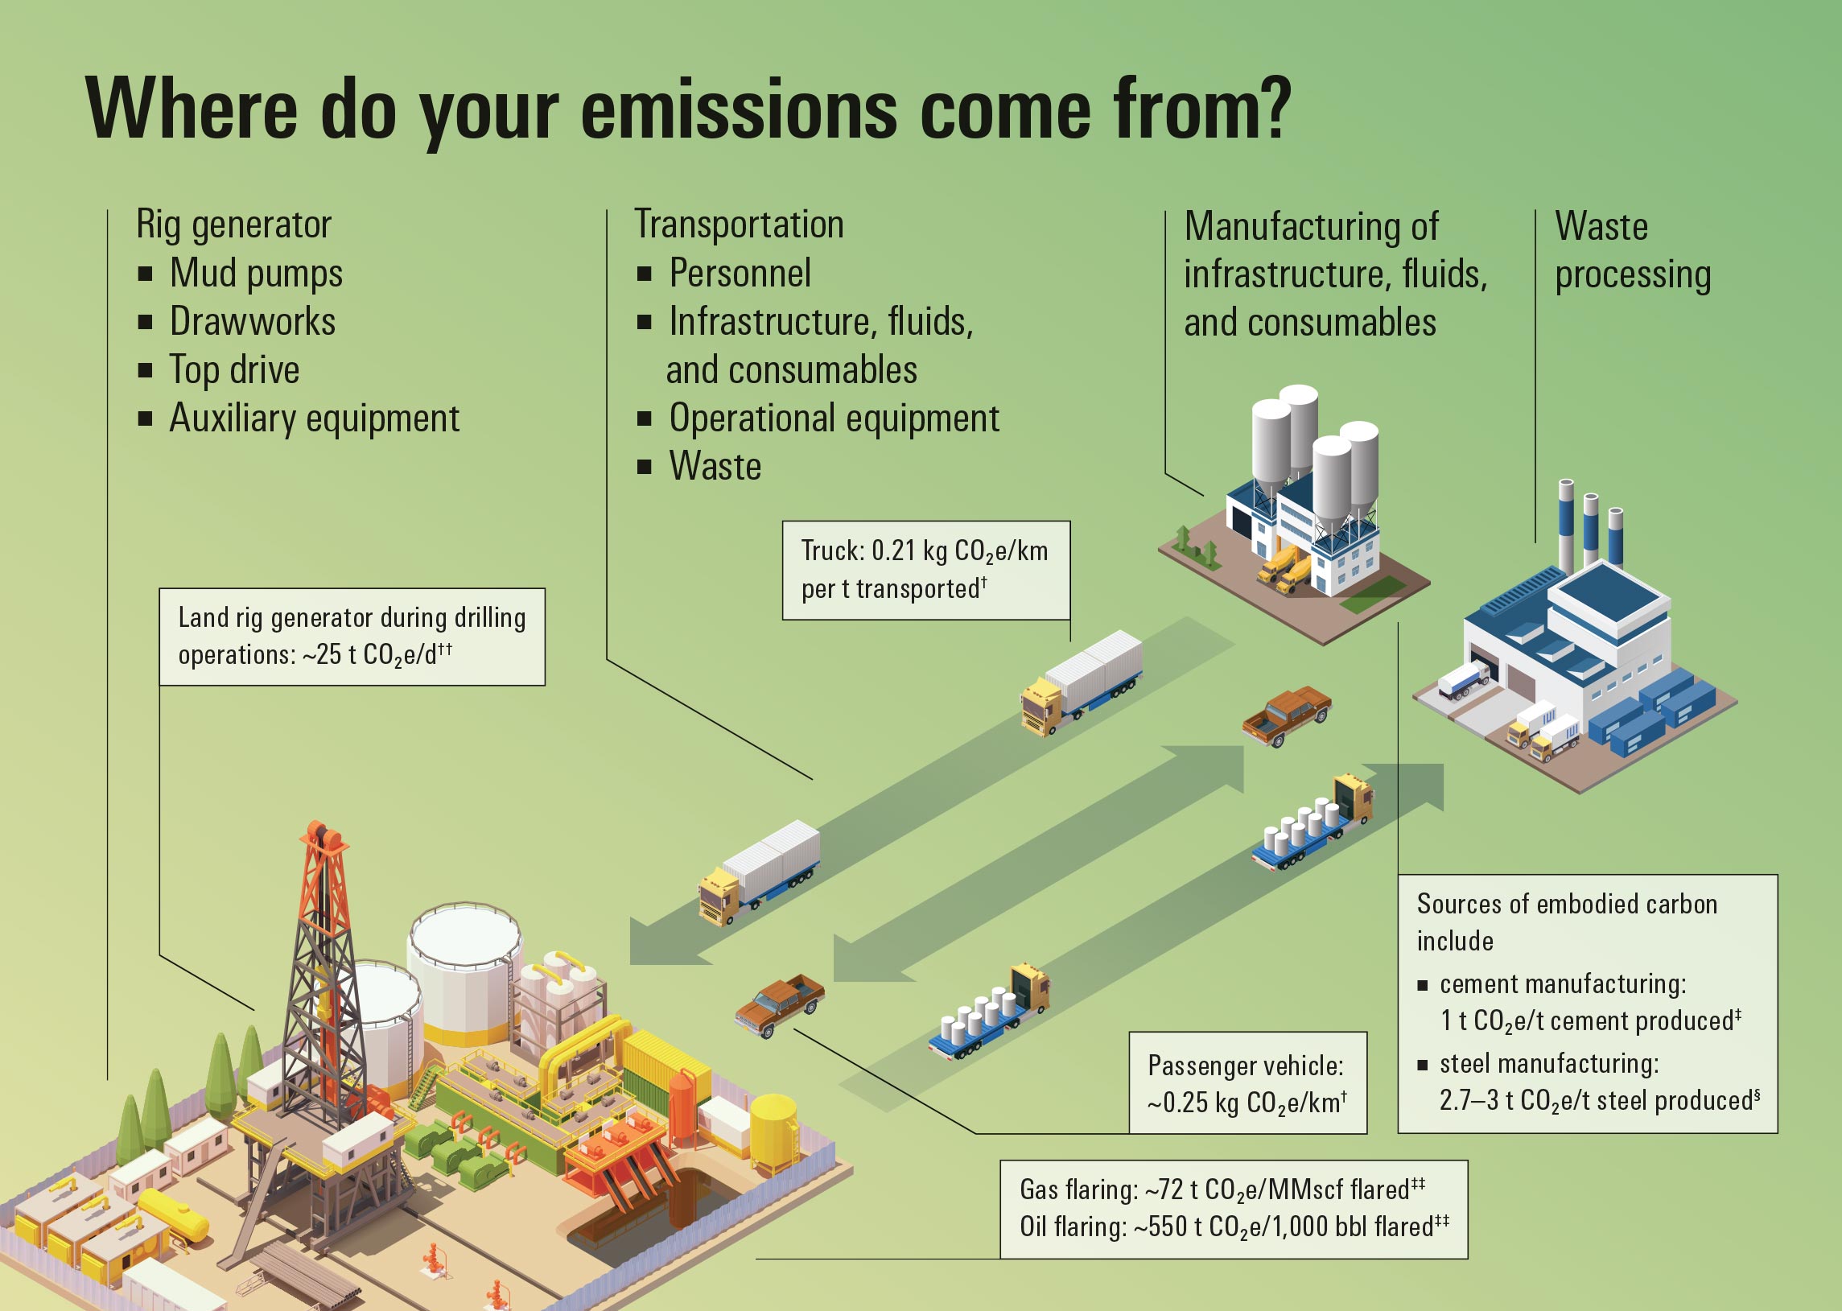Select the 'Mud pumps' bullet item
256,273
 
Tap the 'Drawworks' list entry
252,321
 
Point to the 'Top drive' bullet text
234,369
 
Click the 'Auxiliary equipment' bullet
314,418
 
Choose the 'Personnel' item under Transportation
740,273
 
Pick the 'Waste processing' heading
1631,249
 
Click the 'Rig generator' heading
233,224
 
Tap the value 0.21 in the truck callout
892,551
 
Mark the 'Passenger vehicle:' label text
1246,1066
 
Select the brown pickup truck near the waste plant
1286,715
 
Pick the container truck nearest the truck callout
1082,682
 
